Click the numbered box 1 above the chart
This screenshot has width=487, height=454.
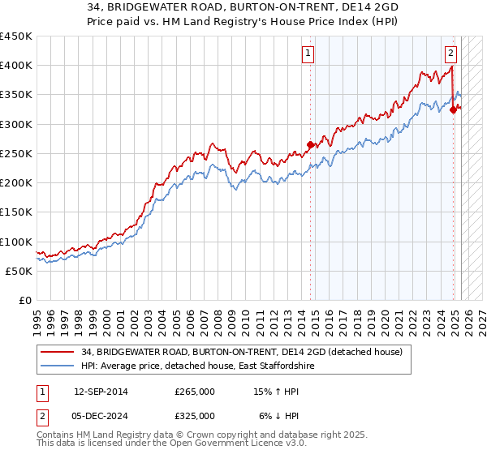[309, 54]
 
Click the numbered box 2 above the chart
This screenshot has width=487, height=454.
[450, 54]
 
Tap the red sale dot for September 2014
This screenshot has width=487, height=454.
[310, 145]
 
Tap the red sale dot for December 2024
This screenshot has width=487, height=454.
[453, 110]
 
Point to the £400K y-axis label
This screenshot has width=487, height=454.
[16, 66]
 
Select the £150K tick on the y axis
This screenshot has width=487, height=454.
[16, 212]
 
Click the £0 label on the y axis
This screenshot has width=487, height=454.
[24, 300]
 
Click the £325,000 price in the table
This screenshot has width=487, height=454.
[195, 416]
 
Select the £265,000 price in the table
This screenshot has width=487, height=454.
[195, 392]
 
